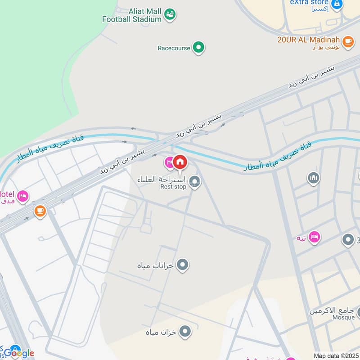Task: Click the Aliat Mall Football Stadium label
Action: click(x=132, y=15)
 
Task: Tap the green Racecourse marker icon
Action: click(x=198, y=47)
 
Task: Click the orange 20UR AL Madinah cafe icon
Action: click(x=347, y=42)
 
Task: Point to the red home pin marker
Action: click(x=180, y=162)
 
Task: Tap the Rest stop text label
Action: click(x=173, y=187)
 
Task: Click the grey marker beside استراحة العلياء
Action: click(x=195, y=182)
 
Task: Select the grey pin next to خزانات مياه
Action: click(x=182, y=265)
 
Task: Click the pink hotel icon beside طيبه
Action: click(x=314, y=237)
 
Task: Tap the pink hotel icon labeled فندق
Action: click(x=22, y=196)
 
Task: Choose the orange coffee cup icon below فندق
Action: click(x=40, y=211)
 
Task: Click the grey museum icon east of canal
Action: click(x=314, y=178)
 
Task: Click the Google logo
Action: click(x=19, y=353)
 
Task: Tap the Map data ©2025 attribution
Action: click(x=336, y=355)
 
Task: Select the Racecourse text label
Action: click(x=174, y=47)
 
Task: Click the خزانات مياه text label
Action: click(x=156, y=265)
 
